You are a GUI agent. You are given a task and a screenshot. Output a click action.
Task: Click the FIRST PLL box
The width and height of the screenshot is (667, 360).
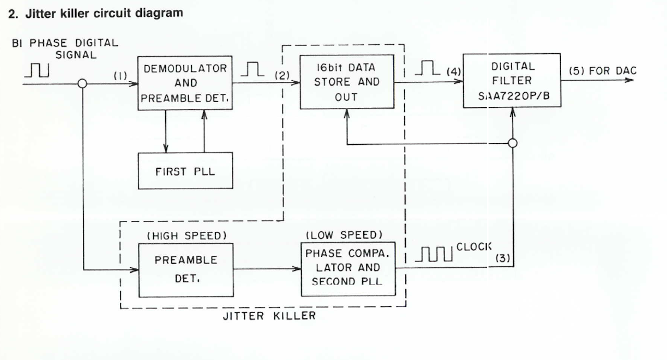185,171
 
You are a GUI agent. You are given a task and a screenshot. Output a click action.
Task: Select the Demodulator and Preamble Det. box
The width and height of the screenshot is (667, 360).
185,83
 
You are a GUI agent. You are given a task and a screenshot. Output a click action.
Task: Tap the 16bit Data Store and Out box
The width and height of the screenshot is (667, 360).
347,82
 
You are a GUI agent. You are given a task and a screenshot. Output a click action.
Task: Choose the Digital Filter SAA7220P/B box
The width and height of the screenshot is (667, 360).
512,80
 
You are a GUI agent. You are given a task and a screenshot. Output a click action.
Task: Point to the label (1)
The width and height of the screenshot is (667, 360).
120,76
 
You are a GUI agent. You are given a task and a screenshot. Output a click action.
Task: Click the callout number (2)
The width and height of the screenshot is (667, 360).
281,76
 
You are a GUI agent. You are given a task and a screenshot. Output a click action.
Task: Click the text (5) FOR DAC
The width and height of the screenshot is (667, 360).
603,71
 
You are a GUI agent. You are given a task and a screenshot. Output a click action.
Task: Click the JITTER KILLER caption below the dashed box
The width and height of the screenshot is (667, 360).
269,316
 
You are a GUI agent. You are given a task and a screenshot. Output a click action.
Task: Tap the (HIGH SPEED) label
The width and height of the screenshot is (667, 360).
187,235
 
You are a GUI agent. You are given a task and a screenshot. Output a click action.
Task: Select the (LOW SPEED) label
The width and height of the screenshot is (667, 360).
344,235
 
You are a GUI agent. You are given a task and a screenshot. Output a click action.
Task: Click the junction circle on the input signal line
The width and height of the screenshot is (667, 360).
82,83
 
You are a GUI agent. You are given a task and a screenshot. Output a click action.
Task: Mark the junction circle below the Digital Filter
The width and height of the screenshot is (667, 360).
513,143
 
